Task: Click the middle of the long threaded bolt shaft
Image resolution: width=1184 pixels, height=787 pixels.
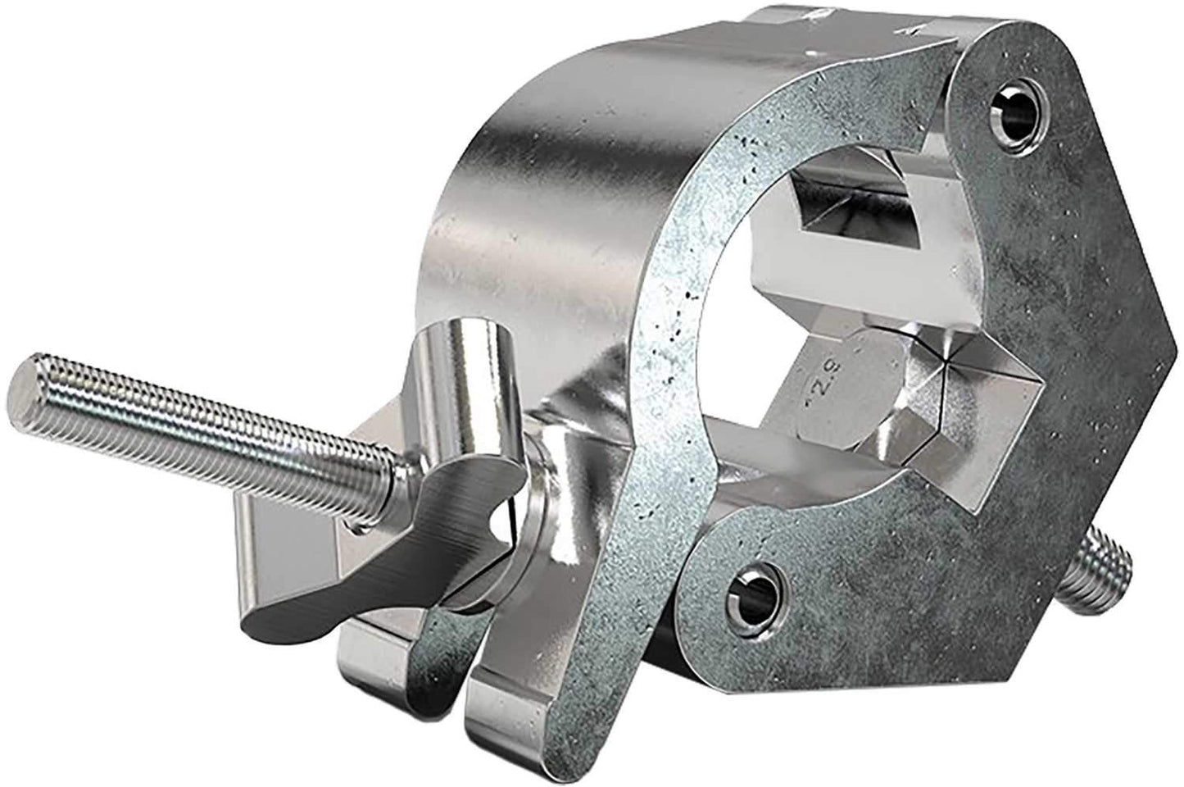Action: point(205,426)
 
